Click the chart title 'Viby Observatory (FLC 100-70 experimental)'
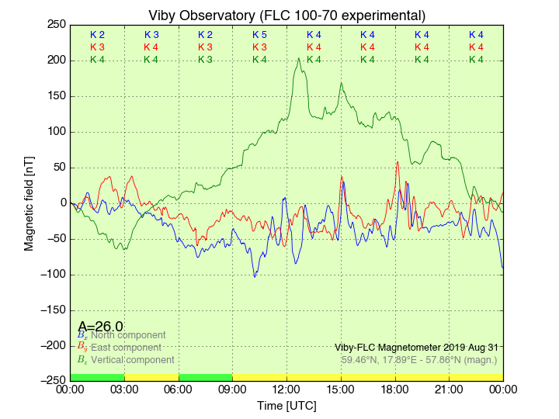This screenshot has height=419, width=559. click(x=286, y=16)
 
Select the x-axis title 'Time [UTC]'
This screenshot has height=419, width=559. click(x=286, y=406)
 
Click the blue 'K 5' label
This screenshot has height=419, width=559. click(x=259, y=35)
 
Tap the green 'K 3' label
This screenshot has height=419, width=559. click(x=205, y=60)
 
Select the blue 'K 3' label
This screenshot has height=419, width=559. click(x=151, y=35)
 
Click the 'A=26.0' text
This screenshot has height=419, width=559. click(x=100, y=327)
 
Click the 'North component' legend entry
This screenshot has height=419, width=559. click(x=127, y=335)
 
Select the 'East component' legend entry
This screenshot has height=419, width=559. click(x=125, y=348)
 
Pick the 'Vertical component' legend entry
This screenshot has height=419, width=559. click(x=131, y=360)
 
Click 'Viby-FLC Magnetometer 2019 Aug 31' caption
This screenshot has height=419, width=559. click(x=416, y=348)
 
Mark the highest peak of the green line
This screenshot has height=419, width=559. click(x=299, y=58)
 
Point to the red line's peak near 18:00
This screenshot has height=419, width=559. click(x=398, y=161)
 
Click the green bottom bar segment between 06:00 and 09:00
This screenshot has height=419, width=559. click(x=205, y=377)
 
